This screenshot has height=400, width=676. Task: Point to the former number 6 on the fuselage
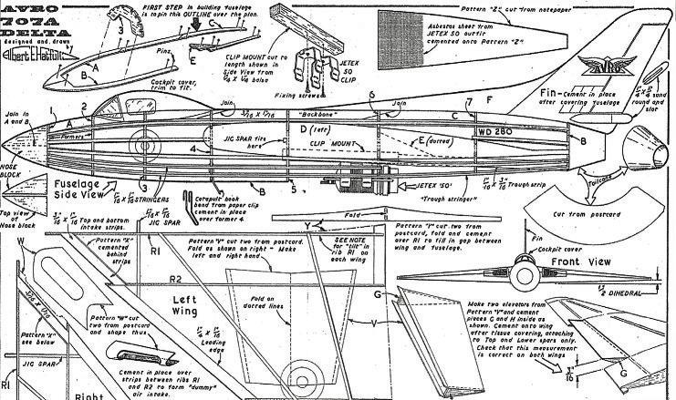[x=372, y=96]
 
